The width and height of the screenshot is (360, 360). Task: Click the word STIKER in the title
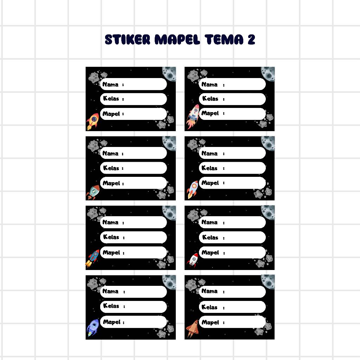pyautogui.click(x=127, y=39)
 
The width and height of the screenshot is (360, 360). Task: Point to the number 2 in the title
pyautogui.click(x=251, y=39)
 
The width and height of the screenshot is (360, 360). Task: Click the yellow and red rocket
pyautogui.click(x=92, y=121)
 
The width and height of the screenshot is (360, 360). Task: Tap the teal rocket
pyautogui.click(x=93, y=192)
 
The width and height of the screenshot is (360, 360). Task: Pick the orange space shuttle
pyautogui.click(x=192, y=328)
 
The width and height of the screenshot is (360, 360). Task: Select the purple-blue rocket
pyautogui.click(x=93, y=328)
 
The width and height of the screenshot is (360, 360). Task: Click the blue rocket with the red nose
pyautogui.click(x=92, y=258)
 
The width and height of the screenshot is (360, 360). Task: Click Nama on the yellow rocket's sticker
pyautogui.click(x=110, y=84)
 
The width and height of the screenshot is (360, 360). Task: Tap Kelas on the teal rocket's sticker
pyautogui.click(x=111, y=168)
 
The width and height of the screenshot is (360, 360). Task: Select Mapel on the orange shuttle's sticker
pyautogui.click(x=210, y=322)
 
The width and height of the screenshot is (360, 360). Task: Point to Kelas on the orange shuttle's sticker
pyautogui.click(x=210, y=307)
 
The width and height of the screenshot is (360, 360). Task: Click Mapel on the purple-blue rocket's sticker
pyautogui.click(x=111, y=322)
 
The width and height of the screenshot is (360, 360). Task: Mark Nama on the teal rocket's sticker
pyautogui.click(x=110, y=153)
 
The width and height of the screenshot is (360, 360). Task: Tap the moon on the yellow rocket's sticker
pyautogui.click(x=169, y=74)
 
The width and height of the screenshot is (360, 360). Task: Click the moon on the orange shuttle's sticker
pyautogui.click(x=268, y=282)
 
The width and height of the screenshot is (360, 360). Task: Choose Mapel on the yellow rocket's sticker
pyautogui.click(x=111, y=114)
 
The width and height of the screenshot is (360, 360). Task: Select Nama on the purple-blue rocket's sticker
pyautogui.click(x=110, y=291)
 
